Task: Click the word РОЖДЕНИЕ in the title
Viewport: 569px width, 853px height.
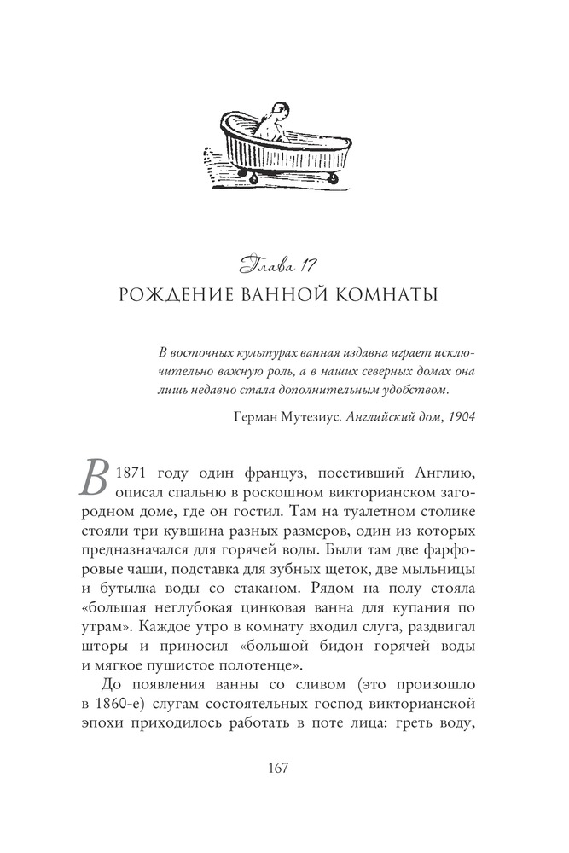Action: click(x=175, y=296)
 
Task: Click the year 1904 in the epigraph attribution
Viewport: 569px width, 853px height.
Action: click(x=459, y=416)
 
